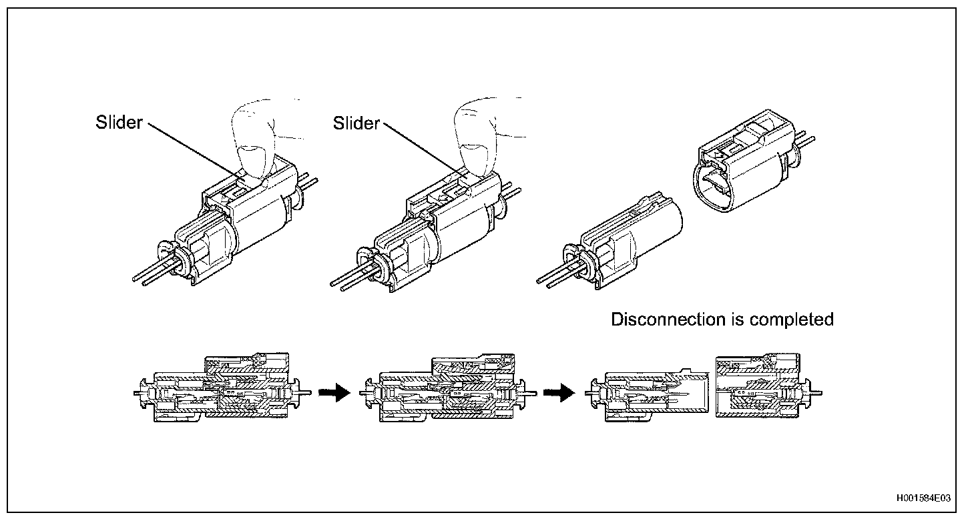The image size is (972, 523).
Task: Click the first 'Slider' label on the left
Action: click(x=119, y=123)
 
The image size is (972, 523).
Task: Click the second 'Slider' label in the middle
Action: click(x=356, y=123)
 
